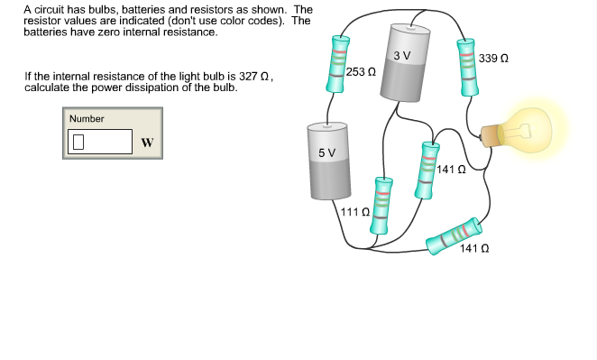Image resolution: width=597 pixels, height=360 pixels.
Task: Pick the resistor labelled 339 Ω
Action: (466, 68)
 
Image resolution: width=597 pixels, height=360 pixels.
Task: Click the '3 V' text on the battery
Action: (402, 56)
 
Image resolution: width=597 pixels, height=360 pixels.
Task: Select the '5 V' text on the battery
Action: (326, 152)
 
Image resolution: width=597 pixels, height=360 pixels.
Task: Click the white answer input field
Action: (101, 141)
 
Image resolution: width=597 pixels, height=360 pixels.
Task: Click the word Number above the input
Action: (87, 118)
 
